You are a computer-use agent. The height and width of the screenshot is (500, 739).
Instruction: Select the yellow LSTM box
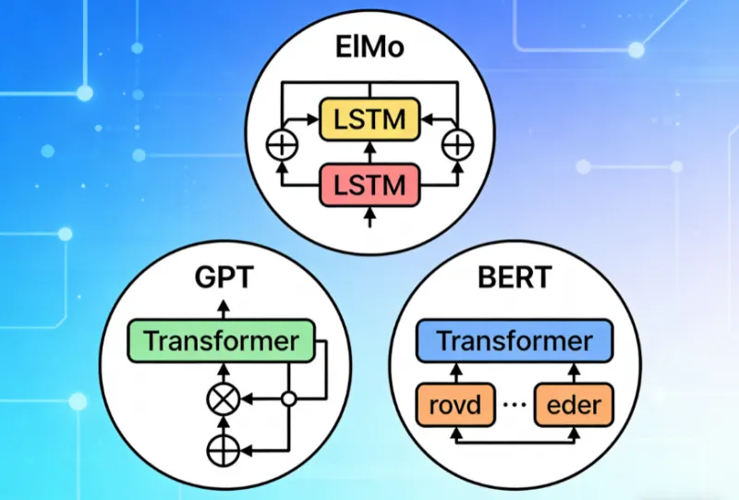point(369,119)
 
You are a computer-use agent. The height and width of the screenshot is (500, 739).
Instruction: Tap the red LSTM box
point(369,185)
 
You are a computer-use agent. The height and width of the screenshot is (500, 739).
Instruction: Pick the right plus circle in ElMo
point(456,145)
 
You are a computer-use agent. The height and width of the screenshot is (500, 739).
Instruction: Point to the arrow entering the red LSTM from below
point(369,216)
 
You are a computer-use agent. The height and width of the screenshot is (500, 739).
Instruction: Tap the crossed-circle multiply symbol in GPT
point(222,399)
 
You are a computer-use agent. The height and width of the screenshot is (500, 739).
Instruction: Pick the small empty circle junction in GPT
point(288,399)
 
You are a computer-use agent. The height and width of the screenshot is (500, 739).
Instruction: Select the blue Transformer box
point(515,340)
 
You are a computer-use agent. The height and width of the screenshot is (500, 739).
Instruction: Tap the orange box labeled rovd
point(454,405)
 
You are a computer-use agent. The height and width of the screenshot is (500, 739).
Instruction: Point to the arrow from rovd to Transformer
point(454,372)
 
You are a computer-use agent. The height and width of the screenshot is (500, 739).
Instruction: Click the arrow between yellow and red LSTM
point(369,152)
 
